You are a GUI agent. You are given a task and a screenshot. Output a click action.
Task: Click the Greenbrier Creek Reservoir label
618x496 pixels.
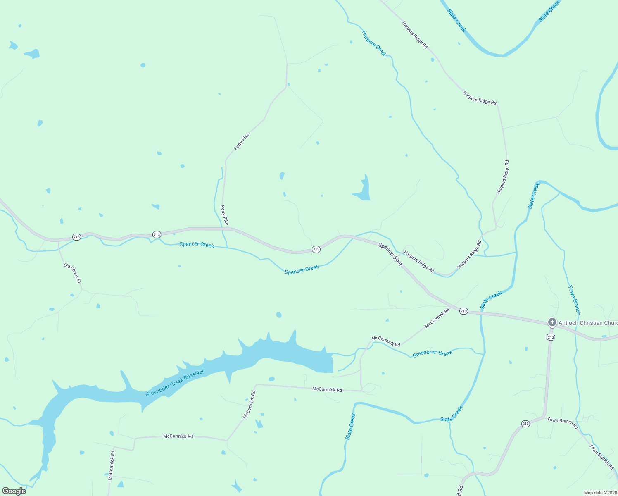(175, 383)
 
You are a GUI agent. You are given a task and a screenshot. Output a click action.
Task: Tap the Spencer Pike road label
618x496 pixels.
(390, 254)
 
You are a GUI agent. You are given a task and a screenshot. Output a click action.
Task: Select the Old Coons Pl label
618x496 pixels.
(73, 273)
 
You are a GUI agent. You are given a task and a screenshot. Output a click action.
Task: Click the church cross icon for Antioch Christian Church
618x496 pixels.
(552, 322)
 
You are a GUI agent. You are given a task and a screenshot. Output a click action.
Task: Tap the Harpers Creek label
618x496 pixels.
(374, 43)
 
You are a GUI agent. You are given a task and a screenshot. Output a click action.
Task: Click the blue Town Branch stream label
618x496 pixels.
(574, 300)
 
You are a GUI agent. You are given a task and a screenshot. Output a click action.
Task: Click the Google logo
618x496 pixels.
(14, 491)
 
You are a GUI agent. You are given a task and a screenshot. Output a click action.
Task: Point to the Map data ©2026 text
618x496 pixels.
(600, 493)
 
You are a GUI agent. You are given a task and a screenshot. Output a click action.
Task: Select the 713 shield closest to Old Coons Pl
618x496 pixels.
(76, 237)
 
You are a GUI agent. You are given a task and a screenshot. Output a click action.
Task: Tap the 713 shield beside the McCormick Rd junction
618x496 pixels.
(463, 311)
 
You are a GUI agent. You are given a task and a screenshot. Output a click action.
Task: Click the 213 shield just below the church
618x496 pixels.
(551, 337)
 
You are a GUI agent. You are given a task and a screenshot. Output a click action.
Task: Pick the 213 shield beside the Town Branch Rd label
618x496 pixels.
(525, 424)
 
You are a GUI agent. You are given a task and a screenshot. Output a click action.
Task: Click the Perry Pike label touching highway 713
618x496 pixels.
(224, 215)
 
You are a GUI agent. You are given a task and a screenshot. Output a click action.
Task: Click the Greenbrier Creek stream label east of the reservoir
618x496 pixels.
(432, 353)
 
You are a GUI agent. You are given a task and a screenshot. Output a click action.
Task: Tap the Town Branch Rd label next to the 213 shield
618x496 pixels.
(563, 423)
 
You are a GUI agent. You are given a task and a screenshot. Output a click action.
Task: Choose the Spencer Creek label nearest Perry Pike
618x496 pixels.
(197, 245)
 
